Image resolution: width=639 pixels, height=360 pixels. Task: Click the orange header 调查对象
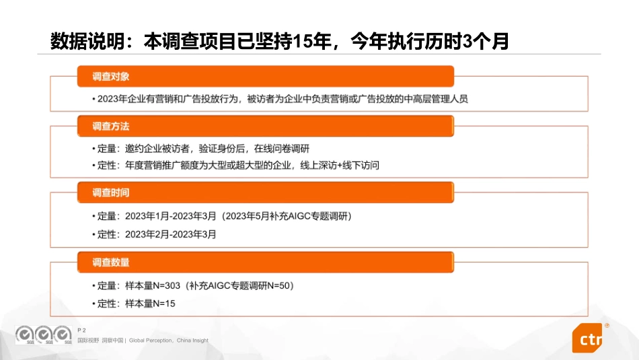click(x=111, y=77)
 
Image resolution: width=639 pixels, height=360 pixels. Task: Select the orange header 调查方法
click(x=111, y=127)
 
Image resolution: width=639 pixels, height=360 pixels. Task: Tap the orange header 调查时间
click(x=111, y=193)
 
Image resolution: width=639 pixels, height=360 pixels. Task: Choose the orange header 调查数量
click(x=111, y=262)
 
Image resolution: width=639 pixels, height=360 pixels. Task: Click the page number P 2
click(x=82, y=330)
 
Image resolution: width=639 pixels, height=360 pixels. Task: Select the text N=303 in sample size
click(x=167, y=286)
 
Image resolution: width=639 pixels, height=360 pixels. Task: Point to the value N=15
click(x=163, y=304)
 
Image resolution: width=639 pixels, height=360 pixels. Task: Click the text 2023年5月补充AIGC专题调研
click(x=288, y=217)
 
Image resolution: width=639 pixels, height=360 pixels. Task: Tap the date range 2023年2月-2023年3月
click(x=170, y=235)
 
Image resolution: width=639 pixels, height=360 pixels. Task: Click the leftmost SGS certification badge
click(x=26, y=334)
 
